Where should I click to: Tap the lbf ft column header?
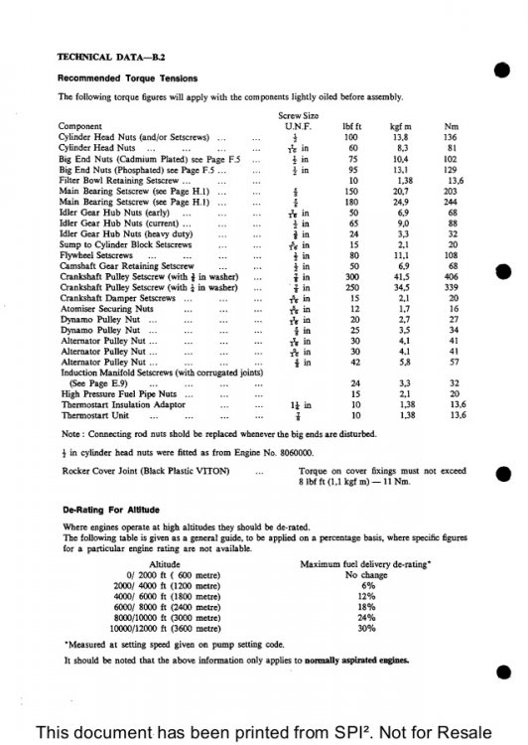pos(350,127)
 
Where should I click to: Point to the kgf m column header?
pos(400,127)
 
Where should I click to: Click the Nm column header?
pos(453,127)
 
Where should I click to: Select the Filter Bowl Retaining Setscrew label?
pos(119,180)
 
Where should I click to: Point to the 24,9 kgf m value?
pos(401,202)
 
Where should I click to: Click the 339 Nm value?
pos(453,286)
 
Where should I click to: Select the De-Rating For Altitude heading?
pos(109,509)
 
